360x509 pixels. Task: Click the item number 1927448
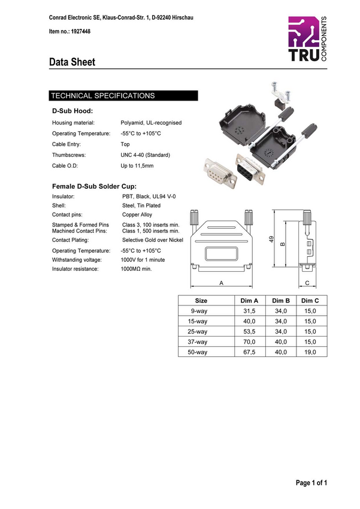(x=69, y=31)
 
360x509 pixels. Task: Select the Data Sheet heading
(x=72, y=62)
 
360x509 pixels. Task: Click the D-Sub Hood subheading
(x=72, y=111)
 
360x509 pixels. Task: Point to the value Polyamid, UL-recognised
(x=151, y=123)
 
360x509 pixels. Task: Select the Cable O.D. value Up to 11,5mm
(x=137, y=166)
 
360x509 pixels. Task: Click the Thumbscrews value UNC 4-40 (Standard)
(x=146, y=155)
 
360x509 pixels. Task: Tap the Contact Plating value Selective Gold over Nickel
(x=153, y=240)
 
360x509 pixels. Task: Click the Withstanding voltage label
(x=77, y=260)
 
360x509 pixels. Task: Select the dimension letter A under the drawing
(x=222, y=282)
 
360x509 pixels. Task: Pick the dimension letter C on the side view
(x=307, y=282)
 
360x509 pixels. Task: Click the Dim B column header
(x=281, y=301)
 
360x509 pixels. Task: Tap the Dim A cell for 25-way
(x=249, y=332)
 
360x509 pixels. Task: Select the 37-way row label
(x=198, y=342)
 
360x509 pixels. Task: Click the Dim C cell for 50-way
(x=310, y=352)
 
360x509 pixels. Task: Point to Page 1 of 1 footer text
(x=311, y=483)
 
